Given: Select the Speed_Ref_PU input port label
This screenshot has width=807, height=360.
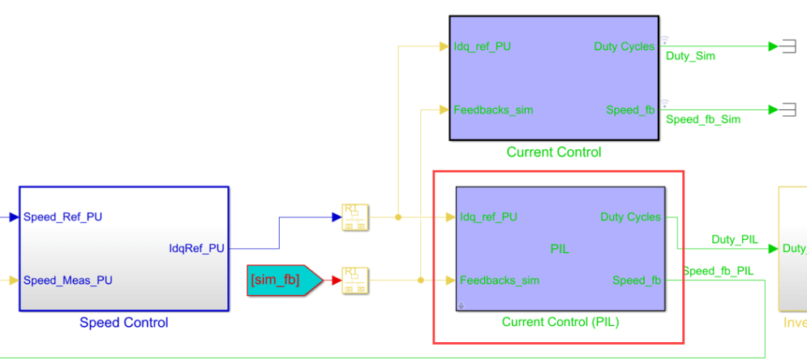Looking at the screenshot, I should click(62, 217).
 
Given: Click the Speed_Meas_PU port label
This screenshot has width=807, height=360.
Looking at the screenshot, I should click(68, 281).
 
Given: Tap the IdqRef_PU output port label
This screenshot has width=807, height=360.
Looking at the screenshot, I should click(196, 248).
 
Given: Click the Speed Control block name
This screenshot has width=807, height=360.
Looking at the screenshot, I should click(123, 323).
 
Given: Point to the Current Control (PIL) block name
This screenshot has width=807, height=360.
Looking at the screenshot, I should click(560, 322).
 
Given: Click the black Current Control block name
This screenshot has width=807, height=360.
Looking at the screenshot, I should click(554, 152).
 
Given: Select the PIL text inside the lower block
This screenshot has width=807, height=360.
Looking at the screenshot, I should click(560, 249).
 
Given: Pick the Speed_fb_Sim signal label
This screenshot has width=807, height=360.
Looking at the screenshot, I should click(703, 119).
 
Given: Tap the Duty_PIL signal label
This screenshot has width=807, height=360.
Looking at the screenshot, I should click(734, 239).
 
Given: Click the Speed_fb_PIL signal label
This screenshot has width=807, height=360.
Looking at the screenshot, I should click(717, 271).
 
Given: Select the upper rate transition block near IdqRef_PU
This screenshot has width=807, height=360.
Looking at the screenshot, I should click(355, 217).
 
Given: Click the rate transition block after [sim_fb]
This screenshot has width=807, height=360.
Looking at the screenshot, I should click(355, 281).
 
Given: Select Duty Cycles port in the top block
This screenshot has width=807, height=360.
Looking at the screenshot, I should click(624, 46).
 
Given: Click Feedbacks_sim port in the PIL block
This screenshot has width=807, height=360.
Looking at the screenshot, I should click(499, 281).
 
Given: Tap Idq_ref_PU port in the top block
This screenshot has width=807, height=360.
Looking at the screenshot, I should click(482, 46).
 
